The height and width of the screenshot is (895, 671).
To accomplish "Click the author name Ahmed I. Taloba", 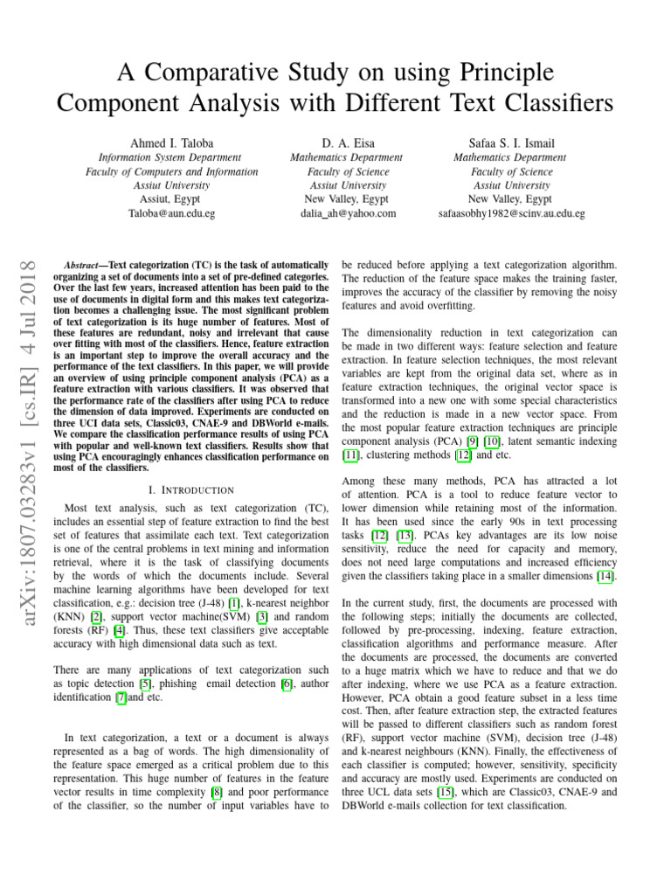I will coord(171,142).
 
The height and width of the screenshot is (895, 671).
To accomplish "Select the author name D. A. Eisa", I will coord(346,142).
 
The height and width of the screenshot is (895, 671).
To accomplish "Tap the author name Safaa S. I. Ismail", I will coord(510,142).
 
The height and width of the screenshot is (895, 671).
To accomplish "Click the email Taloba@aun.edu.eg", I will coord(171,213).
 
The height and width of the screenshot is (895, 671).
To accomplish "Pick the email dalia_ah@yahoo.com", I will coord(347,213).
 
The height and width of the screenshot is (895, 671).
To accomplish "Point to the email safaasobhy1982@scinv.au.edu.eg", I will coord(511,213).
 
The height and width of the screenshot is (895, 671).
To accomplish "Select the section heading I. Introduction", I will coord(191,490).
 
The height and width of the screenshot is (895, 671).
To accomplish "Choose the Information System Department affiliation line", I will coord(171,157).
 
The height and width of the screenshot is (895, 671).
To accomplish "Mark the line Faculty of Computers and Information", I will coord(171,172).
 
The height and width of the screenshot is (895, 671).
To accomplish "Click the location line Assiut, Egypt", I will coord(171,199).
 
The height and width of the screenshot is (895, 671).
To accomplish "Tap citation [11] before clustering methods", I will coord(351,454).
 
